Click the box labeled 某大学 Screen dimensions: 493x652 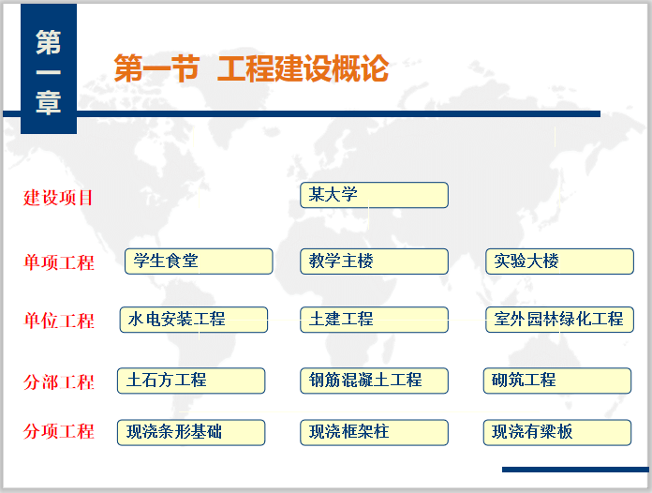click(374, 195)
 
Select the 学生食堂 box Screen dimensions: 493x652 click(199, 261)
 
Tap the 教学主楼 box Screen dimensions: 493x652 click(374, 261)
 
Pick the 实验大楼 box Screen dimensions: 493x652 click(559, 261)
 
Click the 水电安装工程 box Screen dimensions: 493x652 click(194, 320)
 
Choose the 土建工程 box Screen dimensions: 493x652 click(374, 320)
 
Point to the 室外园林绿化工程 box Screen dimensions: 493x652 click(559, 320)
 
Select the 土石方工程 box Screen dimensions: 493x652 click(191, 380)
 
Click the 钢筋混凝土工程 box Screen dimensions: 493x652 click(374, 380)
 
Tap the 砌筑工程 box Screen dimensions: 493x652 click(557, 380)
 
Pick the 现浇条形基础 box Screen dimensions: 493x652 click(191, 431)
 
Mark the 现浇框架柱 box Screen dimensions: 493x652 click(374, 431)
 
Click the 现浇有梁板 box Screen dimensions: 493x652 click(557, 431)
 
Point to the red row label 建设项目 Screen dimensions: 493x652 click(59, 198)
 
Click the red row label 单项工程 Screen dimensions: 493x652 click(59, 262)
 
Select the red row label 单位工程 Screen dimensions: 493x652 click(59, 321)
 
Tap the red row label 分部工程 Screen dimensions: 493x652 click(59, 382)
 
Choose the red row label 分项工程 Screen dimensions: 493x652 click(59, 431)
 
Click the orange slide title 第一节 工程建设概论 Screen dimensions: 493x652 click(250, 68)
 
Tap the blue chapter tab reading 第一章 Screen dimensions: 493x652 click(49, 72)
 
